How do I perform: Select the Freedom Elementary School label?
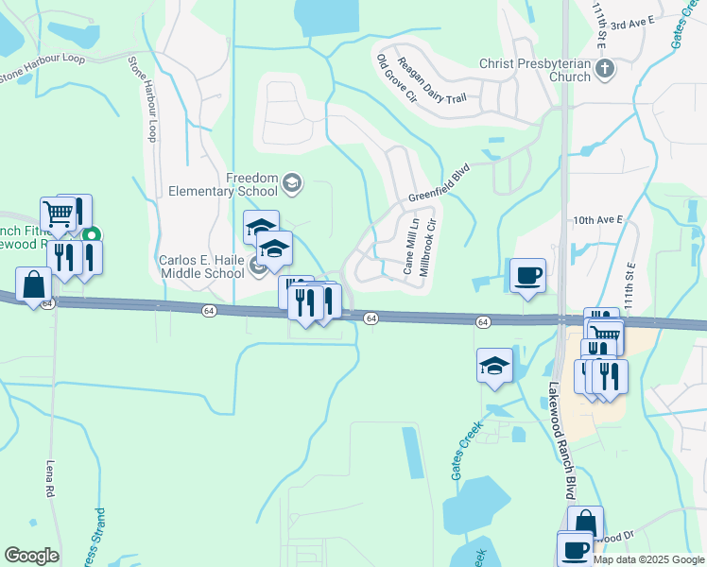click(x=224, y=184)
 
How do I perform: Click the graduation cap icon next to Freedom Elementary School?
click(x=292, y=182)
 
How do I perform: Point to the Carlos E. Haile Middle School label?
click(x=201, y=266)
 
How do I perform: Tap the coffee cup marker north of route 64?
click(x=528, y=276)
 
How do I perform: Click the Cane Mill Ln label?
click(x=411, y=244)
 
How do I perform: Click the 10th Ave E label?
click(x=598, y=219)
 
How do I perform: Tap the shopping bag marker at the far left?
click(x=33, y=284)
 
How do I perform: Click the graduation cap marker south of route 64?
click(x=495, y=366)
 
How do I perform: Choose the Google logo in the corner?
click(x=31, y=556)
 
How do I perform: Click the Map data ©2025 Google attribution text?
click(x=648, y=559)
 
